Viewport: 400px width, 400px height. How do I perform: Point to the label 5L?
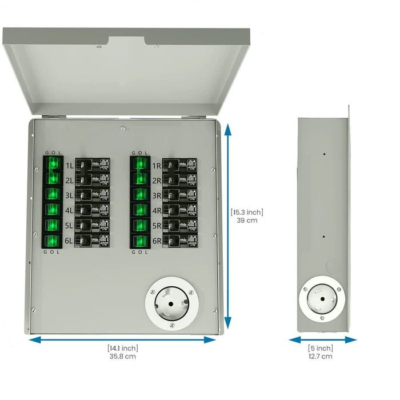point(69,226)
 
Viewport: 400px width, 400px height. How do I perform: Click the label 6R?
point(156,241)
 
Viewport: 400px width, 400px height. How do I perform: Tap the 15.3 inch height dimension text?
point(247,216)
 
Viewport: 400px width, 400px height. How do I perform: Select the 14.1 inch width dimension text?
point(123,352)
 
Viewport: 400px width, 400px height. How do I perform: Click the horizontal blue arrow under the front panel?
point(123,339)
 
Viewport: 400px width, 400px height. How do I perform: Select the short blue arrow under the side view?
point(323,339)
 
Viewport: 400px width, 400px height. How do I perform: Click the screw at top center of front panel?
point(123,130)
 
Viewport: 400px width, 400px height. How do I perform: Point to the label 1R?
point(156,166)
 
